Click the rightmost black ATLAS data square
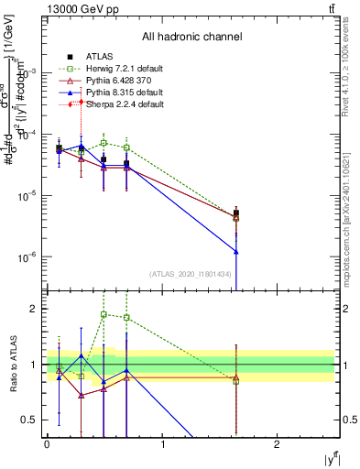coord(236,213)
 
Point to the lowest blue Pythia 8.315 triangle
coord(236,251)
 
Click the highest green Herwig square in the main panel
coord(104,144)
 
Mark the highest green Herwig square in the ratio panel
coord(104,314)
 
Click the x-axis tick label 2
coord(277,444)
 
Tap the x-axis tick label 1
coord(162,444)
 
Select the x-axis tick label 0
coord(47,444)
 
